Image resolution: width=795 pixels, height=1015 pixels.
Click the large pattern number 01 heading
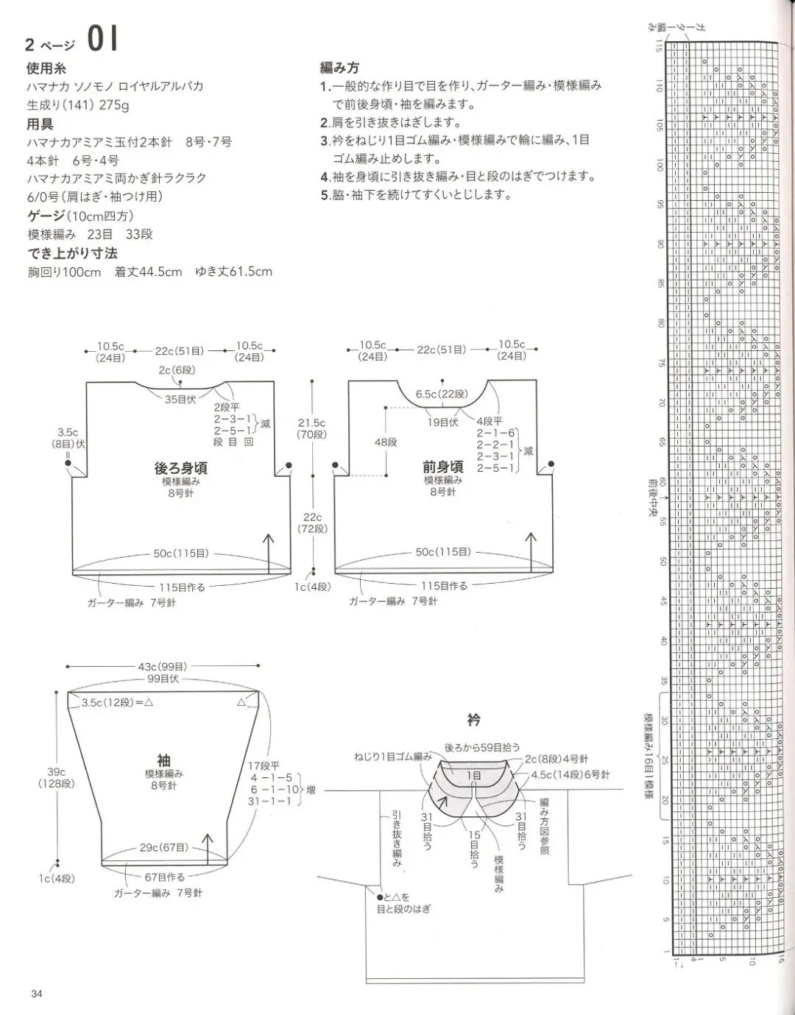tap(102, 40)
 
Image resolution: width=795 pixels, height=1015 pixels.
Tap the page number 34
tap(38, 994)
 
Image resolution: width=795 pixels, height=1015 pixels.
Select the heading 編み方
tap(339, 68)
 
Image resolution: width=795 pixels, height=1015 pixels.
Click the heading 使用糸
tap(46, 68)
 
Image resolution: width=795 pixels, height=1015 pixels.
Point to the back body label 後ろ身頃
tap(180, 467)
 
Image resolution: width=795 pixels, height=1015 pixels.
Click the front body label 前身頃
tap(442, 467)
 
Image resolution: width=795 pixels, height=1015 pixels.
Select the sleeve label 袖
tap(163, 760)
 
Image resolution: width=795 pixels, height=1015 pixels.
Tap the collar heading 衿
tap(473, 718)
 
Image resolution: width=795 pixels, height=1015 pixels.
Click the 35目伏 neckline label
tap(180, 400)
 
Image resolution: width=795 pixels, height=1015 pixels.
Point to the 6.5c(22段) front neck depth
tap(442, 394)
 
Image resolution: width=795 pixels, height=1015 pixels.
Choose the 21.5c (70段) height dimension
tap(311, 428)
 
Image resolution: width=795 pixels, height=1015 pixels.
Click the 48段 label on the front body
tap(386, 442)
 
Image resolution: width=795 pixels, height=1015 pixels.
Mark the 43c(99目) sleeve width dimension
tap(163, 666)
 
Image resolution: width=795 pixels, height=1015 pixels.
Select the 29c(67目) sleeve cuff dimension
tap(163, 847)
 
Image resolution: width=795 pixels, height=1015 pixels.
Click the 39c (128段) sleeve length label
tap(57, 777)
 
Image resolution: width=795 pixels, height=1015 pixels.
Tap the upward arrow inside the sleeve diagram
tap(208, 846)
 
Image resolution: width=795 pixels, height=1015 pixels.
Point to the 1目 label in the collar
tap(474, 775)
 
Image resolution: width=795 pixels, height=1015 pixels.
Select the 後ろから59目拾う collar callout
tap(482, 747)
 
